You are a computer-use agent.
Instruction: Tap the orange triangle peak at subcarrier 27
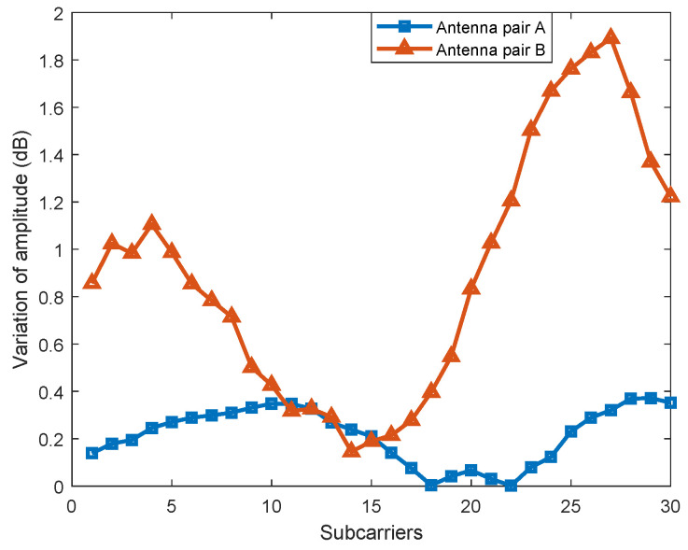[611, 37]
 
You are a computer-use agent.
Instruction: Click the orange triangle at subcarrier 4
[151, 224]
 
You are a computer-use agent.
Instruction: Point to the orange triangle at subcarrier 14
[351, 450]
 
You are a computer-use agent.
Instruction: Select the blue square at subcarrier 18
[431, 486]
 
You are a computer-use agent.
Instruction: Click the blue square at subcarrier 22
[512, 486]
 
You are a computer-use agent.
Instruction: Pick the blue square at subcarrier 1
[91, 453]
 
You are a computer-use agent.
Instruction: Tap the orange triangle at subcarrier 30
[671, 195]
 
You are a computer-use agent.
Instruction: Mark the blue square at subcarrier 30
[671, 402]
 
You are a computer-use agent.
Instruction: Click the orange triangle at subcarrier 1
[91, 281]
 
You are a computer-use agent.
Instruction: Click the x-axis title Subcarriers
[372, 533]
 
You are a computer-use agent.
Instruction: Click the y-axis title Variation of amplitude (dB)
[20, 250]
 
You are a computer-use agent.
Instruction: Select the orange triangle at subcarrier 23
[531, 129]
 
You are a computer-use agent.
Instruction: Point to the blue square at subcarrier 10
[272, 403]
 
